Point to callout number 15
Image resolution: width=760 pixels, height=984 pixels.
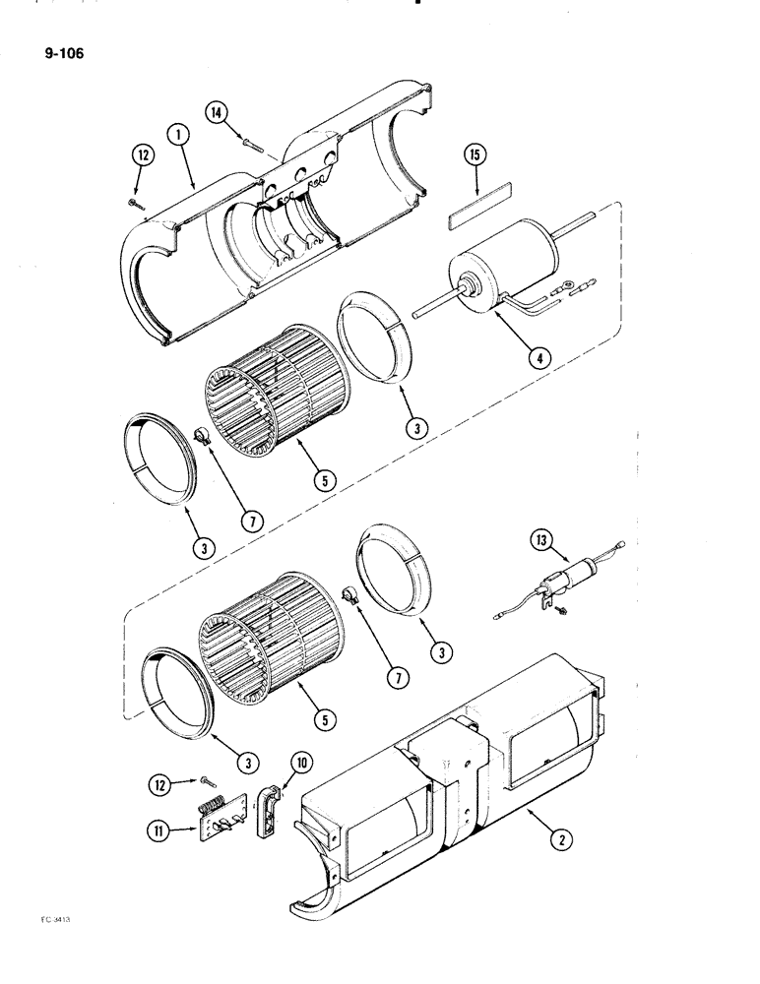point(475,156)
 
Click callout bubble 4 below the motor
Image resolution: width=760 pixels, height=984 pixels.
point(537,357)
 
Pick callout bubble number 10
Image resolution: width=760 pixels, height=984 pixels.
point(297,762)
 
